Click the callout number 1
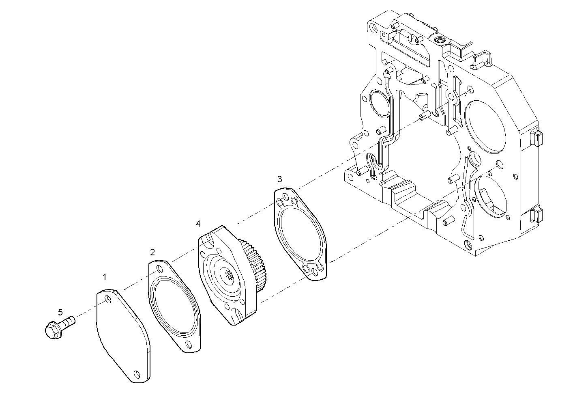[105, 277]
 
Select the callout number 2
[152, 252]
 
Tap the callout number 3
[280, 179]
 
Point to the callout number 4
[198, 224]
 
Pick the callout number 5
[60, 312]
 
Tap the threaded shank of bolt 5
[68, 322]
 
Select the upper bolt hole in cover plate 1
[107, 300]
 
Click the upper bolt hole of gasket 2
[159, 269]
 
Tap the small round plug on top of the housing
[439, 40]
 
